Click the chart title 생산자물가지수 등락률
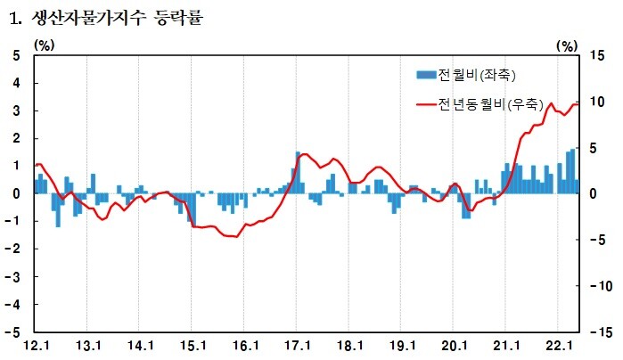point(116,16)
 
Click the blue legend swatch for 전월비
point(426,74)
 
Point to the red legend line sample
point(426,105)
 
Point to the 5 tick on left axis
point(16,55)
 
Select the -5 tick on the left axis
point(13,331)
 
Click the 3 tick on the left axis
point(16,110)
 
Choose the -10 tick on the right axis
point(599,286)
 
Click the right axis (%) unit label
point(567,44)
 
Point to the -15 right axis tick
point(599,331)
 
